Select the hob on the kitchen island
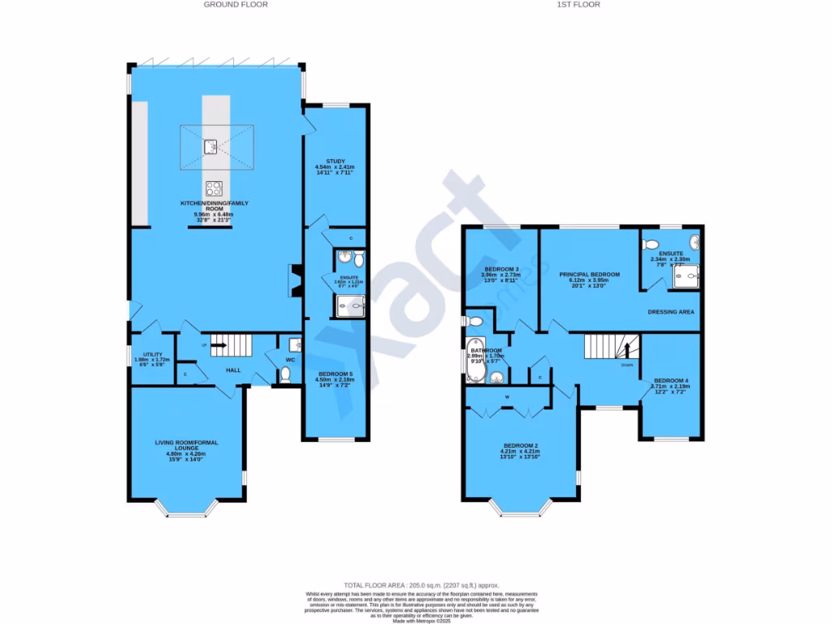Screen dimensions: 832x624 coord(214,188)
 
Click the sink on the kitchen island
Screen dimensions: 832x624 coord(210,146)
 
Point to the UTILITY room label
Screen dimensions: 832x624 coord(152,354)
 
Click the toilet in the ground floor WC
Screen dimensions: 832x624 coord(284,375)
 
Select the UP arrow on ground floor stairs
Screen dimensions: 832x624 coord(217,344)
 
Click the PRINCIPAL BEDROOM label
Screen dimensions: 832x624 coord(589,275)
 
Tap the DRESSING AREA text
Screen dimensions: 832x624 coord(670,311)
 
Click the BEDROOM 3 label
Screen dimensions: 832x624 coord(501,269)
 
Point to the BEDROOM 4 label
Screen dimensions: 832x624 coord(670,380)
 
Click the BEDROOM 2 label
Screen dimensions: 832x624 coord(520,445)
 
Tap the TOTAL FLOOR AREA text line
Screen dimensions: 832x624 coord(421,585)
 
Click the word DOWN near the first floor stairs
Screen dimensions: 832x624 coord(627,365)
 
